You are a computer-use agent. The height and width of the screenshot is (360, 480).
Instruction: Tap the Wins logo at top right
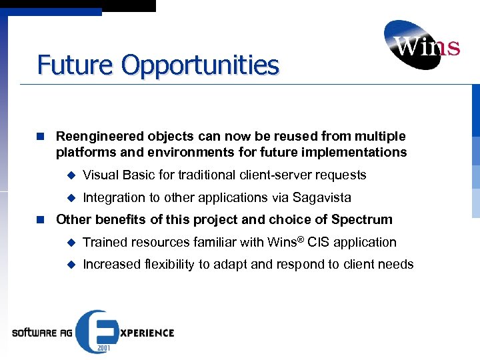[x=421, y=45]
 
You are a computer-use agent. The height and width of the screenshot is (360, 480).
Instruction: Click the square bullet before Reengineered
[x=41, y=137]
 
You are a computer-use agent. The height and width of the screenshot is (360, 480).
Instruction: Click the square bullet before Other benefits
[x=41, y=219]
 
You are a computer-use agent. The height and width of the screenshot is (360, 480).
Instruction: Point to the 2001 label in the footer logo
[x=103, y=347]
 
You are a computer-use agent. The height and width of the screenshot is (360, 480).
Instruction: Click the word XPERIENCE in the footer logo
[x=147, y=333]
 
